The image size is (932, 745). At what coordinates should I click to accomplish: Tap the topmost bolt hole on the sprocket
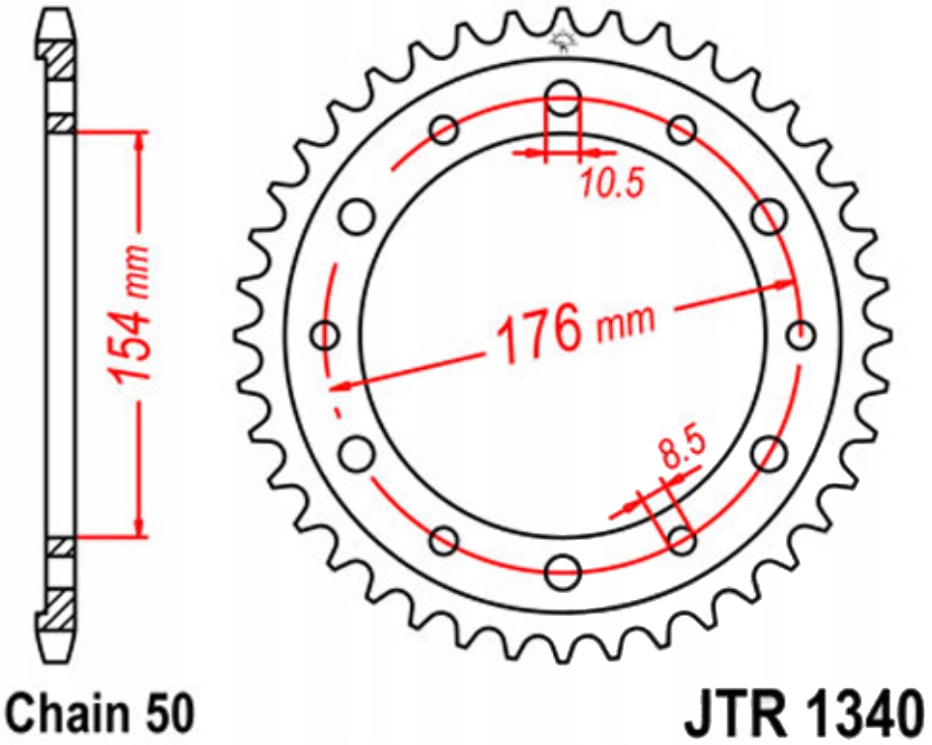tap(564, 99)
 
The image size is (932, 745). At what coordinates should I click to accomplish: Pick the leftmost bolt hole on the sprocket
tap(325, 335)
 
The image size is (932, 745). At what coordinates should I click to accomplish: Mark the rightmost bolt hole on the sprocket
tap(803, 335)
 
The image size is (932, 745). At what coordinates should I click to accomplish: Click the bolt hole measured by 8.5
tap(681, 539)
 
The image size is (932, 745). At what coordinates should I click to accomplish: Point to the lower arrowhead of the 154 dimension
tap(139, 528)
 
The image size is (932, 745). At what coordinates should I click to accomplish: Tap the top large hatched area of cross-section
tap(58, 65)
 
